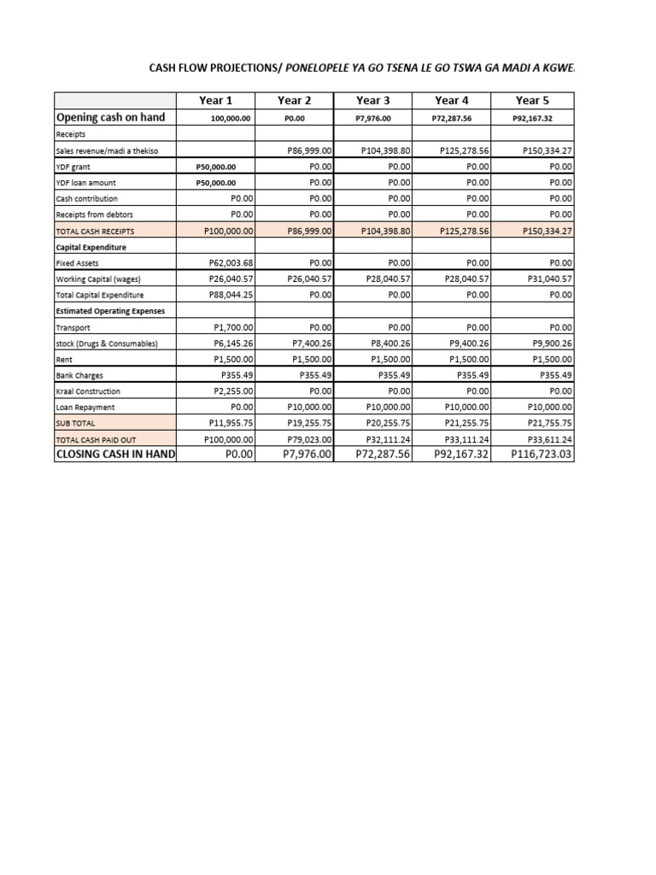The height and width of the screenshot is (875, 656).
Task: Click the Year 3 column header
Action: (x=373, y=100)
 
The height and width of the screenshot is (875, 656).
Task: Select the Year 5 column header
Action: (x=532, y=100)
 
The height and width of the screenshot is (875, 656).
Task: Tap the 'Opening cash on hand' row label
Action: (x=110, y=117)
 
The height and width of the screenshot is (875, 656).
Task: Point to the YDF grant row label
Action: (x=74, y=167)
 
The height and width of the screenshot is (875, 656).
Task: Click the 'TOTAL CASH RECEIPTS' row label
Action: (x=95, y=231)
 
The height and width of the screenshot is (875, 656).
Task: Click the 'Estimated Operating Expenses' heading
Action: (x=110, y=311)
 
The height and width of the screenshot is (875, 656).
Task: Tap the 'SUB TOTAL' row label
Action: (x=76, y=423)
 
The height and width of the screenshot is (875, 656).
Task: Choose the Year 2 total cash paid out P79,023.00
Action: (x=309, y=438)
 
